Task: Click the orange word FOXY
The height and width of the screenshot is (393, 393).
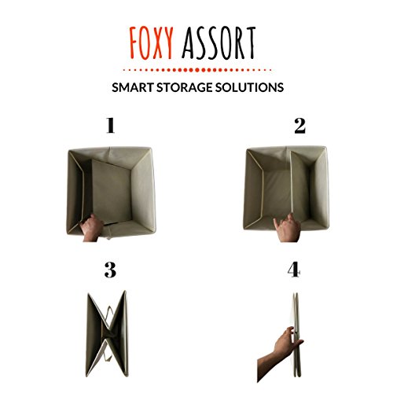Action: point(152,42)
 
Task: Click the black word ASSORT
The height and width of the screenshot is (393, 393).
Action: point(219,42)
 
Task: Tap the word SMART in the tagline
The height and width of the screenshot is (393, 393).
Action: point(133,87)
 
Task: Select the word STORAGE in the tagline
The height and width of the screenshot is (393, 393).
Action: point(185,87)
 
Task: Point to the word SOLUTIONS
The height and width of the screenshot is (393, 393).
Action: point(249,87)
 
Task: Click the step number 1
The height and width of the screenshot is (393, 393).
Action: point(110,126)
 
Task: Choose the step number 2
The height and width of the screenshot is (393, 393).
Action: point(299,126)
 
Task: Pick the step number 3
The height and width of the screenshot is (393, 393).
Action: point(110,270)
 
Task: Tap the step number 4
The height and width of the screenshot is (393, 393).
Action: point(294,270)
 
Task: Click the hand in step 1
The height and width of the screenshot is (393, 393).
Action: point(91,228)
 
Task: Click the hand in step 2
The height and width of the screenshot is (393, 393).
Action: point(288,228)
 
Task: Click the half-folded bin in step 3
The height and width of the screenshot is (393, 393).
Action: point(107,333)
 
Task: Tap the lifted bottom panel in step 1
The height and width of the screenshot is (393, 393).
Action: point(112,192)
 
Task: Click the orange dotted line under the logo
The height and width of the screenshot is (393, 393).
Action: point(196,70)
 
